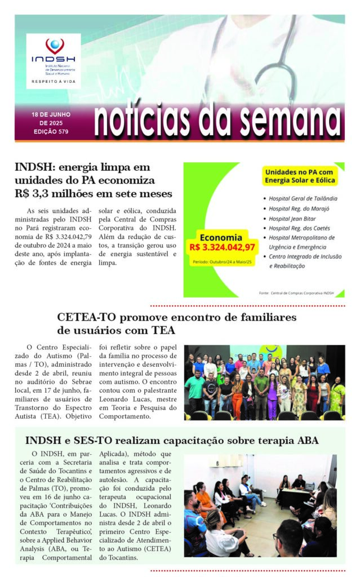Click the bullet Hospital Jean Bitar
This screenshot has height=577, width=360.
coord(292,218)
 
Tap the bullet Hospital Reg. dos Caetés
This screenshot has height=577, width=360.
coord(300,228)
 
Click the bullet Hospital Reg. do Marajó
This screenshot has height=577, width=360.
coord(299,208)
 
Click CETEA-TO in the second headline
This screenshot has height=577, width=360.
coord(83,317)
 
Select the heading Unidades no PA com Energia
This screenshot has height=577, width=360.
coord(300,175)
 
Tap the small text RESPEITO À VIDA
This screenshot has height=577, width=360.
coord(54,81)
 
